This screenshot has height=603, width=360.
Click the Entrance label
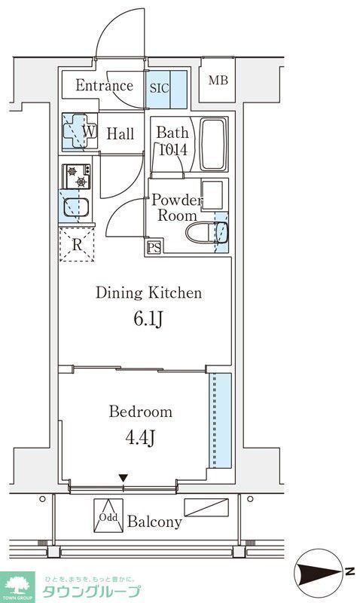[104, 85]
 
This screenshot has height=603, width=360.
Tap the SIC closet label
[160, 88]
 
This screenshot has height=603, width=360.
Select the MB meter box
[218, 80]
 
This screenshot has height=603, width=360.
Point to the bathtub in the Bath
[214, 144]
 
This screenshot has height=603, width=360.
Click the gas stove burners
[77, 176]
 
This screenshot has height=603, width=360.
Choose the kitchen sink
[76, 207]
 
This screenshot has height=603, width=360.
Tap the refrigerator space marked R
[77, 244]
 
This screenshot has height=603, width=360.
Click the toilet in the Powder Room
[206, 233]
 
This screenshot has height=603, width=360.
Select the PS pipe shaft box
[154, 247]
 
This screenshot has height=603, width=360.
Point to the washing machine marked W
[80, 131]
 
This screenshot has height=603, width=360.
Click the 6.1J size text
[148, 319]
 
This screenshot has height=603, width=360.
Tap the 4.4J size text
[140, 437]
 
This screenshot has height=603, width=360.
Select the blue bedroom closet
[220, 421]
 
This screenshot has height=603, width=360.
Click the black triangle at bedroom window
[123, 478]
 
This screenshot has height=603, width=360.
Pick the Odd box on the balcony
[108, 516]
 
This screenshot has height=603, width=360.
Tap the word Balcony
[154, 522]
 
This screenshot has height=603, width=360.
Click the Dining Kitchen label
[148, 292]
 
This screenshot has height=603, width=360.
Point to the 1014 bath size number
[173, 149]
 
